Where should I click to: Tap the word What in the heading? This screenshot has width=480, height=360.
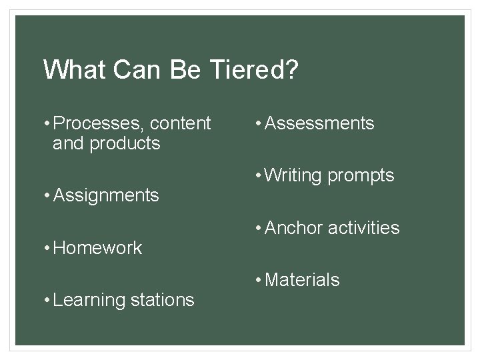pos(69,69)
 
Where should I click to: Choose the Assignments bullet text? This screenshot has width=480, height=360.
pos(105,195)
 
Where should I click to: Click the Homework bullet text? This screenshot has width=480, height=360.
pos(97,248)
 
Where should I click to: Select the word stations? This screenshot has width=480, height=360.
pos(162,300)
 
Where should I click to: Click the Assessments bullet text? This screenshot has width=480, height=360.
pos(319,123)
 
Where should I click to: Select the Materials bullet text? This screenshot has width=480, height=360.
pos(302,280)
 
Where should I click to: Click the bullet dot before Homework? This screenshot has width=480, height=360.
pos(47,248)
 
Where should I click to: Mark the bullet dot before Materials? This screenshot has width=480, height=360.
pos(259,280)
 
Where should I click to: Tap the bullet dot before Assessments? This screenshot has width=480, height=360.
pos(259,123)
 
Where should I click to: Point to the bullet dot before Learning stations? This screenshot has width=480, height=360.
pos(47,300)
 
